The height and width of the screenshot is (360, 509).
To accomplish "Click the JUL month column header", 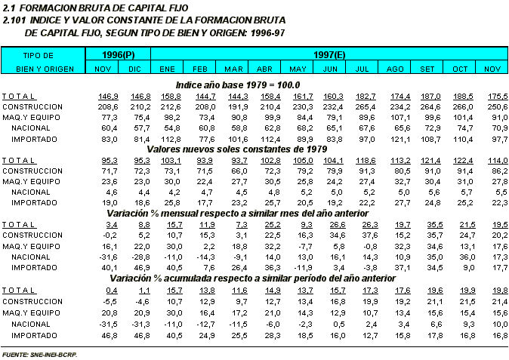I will (362, 68).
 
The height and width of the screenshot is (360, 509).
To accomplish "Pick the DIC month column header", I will (134, 68).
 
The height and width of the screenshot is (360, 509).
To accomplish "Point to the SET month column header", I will (427, 68).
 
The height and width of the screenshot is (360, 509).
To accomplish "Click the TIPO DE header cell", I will (39, 54).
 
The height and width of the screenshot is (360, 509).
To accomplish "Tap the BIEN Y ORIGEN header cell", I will (39, 68).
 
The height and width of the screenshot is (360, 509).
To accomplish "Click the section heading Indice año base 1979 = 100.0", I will (238, 85).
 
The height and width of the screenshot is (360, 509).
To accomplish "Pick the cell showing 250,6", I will (492, 107).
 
